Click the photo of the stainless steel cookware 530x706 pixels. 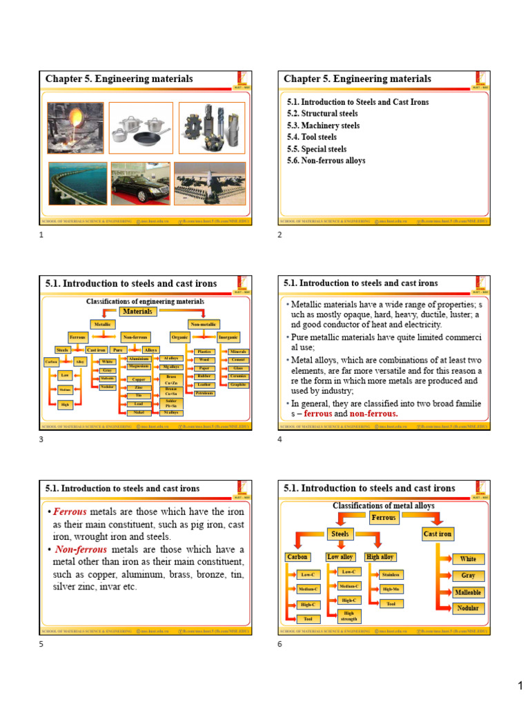[x=141, y=127]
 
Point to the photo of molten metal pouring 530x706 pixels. [x=75, y=128]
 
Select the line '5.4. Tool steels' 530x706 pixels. [x=312, y=137]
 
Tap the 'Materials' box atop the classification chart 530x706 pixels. [x=138, y=312]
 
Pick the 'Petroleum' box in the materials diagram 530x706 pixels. [x=204, y=393]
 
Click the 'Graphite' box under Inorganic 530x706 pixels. [x=238, y=385]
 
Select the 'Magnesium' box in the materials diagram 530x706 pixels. [x=139, y=367]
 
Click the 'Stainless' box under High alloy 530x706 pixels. [x=390, y=574]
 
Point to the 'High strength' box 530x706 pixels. [x=349, y=616]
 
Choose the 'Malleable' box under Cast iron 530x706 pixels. [x=468, y=592]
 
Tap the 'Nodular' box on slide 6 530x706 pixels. [x=468, y=608]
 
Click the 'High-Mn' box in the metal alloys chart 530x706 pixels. [x=390, y=589]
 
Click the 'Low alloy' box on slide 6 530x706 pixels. [x=340, y=556]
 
